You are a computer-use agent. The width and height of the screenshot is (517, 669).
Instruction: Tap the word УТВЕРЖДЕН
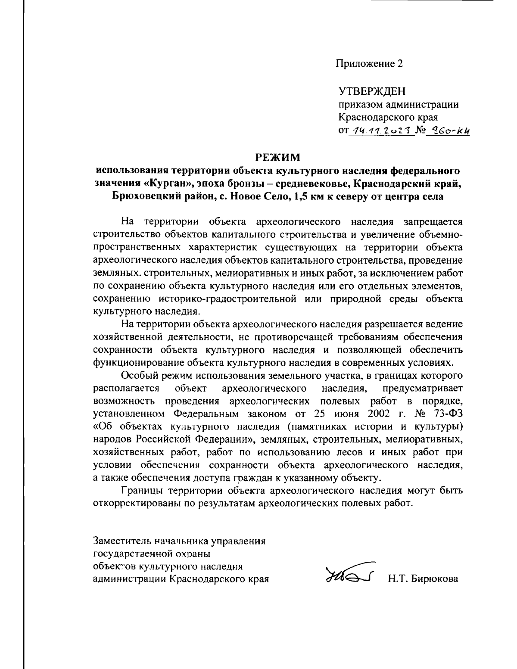[372, 92]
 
